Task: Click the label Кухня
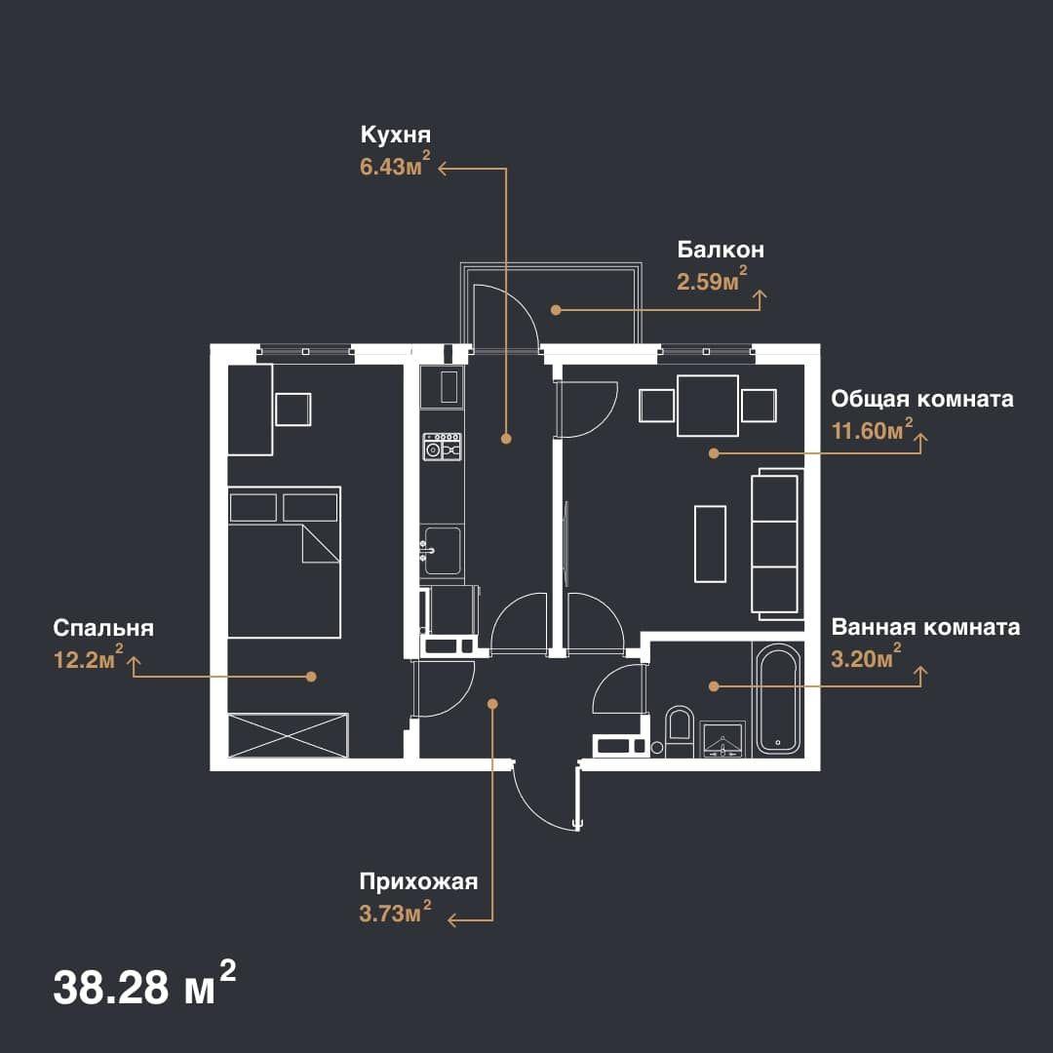(x=396, y=135)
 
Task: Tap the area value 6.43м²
(x=395, y=165)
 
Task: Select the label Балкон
(x=721, y=250)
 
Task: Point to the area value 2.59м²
(x=712, y=280)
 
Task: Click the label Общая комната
(x=922, y=399)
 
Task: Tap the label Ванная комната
(x=925, y=627)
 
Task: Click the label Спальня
(x=103, y=628)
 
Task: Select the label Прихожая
(x=418, y=881)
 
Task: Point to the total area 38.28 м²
(x=144, y=985)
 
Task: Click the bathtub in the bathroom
(x=778, y=698)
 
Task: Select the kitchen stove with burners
(x=442, y=447)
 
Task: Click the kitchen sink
(x=442, y=551)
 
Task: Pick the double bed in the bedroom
(x=284, y=563)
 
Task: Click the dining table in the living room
(x=708, y=406)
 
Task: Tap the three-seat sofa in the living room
(x=777, y=544)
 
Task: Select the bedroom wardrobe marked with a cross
(x=288, y=735)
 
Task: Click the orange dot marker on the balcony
(x=556, y=310)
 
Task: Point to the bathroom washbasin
(x=721, y=740)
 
